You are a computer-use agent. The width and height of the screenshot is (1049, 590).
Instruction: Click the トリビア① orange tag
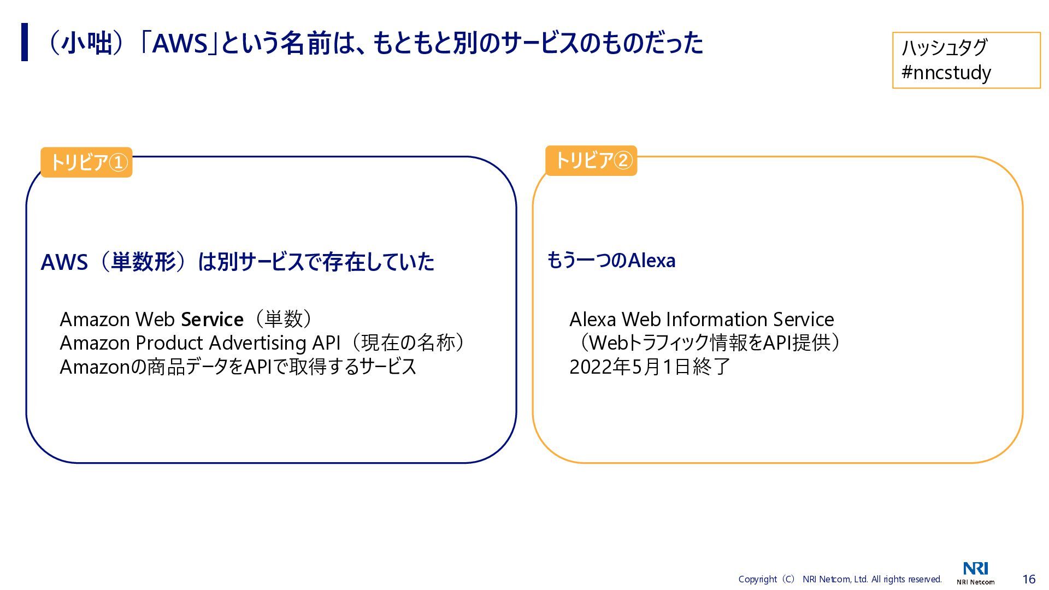[86, 162]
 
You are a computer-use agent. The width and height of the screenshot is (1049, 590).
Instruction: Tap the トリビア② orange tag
[591, 161]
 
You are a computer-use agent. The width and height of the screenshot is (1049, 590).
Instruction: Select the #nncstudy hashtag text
[946, 72]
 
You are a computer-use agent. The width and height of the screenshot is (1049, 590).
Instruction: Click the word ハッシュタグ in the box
[944, 48]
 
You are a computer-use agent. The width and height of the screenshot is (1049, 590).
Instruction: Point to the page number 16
[1029, 579]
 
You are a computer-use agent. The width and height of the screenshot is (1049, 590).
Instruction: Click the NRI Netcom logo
[975, 572]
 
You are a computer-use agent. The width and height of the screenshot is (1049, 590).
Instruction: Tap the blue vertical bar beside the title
[25, 42]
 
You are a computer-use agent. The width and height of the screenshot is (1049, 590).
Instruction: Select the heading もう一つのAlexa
[611, 261]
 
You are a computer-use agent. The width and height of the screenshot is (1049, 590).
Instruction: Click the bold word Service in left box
[212, 319]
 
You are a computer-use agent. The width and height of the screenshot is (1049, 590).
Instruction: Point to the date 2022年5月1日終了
[650, 367]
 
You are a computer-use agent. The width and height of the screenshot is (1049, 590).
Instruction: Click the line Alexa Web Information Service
[702, 319]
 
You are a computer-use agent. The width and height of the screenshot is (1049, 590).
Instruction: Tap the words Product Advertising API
[238, 343]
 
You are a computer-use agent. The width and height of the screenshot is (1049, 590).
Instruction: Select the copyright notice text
[840, 579]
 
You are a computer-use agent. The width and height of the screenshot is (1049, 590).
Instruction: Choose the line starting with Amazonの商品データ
[238, 367]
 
